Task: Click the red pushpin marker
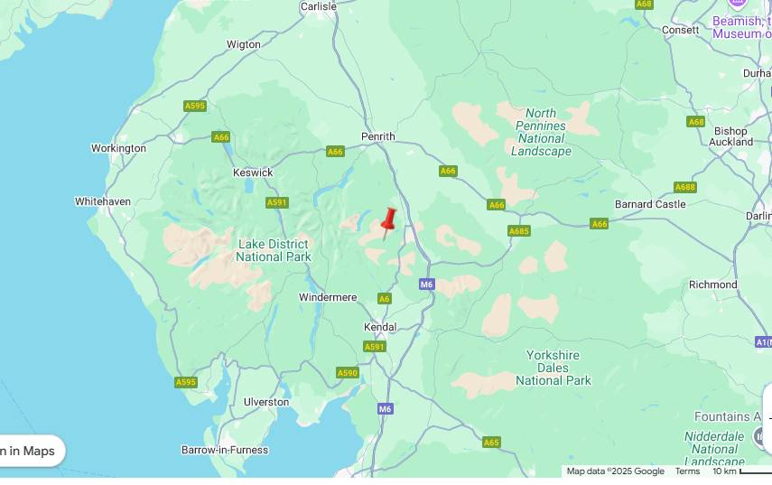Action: click(389, 220)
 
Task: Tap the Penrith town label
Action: click(378, 136)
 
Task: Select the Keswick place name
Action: click(253, 173)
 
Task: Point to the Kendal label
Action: click(380, 327)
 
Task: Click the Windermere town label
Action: click(328, 297)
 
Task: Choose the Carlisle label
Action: click(318, 6)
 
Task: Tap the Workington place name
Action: click(118, 148)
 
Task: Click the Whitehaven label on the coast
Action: click(103, 201)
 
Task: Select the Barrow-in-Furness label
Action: click(225, 450)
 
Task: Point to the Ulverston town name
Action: click(266, 402)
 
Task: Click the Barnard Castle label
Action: click(650, 204)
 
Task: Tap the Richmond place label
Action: click(712, 284)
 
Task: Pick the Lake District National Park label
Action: click(274, 250)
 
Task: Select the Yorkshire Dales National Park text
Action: click(553, 368)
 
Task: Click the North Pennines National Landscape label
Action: click(541, 132)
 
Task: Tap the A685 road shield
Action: click(518, 231)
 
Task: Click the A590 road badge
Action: click(347, 373)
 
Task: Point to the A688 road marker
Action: click(684, 188)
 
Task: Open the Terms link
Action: click(687, 471)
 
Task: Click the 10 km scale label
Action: click(724, 471)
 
